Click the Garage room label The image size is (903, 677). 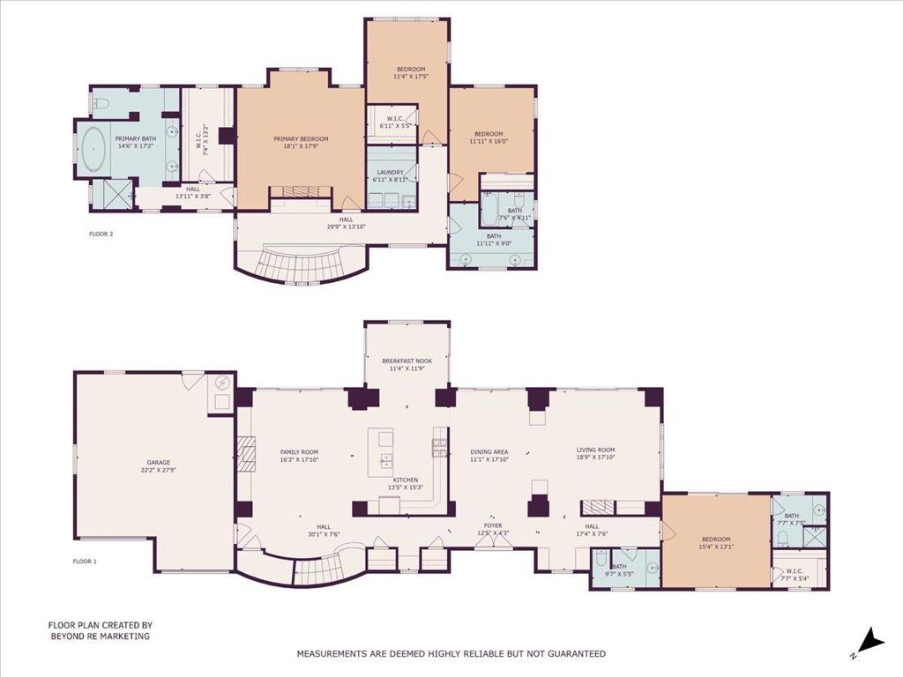pyautogui.click(x=159, y=462)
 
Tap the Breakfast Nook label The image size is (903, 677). pyautogui.click(x=407, y=361)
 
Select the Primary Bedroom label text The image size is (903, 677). pyautogui.click(x=301, y=139)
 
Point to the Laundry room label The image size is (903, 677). pyautogui.click(x=390, y=173)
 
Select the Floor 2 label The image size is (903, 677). pyautogui.click(x=101, y=234)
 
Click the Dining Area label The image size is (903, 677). pyautogui.click(x=489, y=451)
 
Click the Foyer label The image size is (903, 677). pyautogui.click(x=492, y=525)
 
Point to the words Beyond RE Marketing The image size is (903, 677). pyautogui.click(x=100, y=636)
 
